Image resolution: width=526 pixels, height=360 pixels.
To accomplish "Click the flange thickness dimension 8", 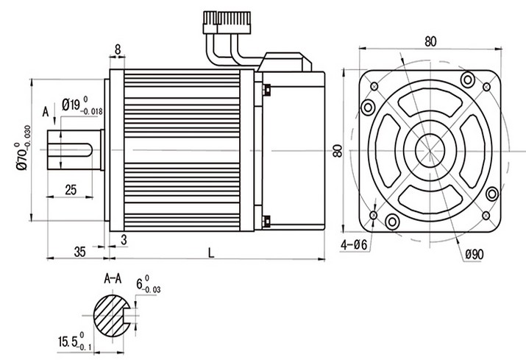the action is pyautogui.click(x=118, y=49).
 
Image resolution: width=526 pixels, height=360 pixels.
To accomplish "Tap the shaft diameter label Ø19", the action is pyautogui.click(x=71, y=105).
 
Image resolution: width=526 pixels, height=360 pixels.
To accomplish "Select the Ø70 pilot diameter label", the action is pyautogui.click(x=23, y=158).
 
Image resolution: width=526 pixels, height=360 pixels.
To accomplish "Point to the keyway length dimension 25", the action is pyautogui.click(x=71, y=190).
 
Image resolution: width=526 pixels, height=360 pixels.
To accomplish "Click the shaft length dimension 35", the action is pyautogui.click(x=80, y=252).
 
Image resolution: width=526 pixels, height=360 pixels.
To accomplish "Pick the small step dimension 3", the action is pyautogui.click(x=124, y=240).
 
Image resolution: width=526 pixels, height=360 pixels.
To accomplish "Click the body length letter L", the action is pyautogui.click(x=211, y=253).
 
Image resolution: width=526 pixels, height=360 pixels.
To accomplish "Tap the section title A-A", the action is pyautogui.click(x=113, y=278).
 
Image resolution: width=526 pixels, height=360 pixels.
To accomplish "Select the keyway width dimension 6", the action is pyautogui.click(x=140, y=284).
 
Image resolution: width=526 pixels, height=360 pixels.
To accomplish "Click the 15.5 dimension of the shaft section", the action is pyautogui.click(x=68, y=342).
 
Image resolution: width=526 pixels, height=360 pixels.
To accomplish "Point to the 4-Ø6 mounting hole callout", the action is pyautogui.click(x=354, y=245).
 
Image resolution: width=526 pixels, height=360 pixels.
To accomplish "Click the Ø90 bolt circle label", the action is pyautogui.click(x=475, y=255).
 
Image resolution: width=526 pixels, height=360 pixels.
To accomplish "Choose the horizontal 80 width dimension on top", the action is pyautogui.click(x=430, y=41).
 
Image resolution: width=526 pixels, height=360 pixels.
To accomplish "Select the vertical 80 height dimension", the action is pyautogui.click(x=338, y=150).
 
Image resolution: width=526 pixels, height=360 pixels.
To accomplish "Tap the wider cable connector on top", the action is pyautogui.click(x=234, y=23).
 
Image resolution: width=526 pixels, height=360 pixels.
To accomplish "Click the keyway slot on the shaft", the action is pyautogui.click(x=70, y=150).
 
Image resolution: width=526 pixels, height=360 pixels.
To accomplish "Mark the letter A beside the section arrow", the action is pyautogui.click(x=46, y=112).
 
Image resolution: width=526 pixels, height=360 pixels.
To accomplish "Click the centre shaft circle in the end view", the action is pyautogui.click(x=430, y=150).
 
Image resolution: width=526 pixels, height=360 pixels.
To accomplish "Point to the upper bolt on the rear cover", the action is pyautogui.click(x=267, y=90).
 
